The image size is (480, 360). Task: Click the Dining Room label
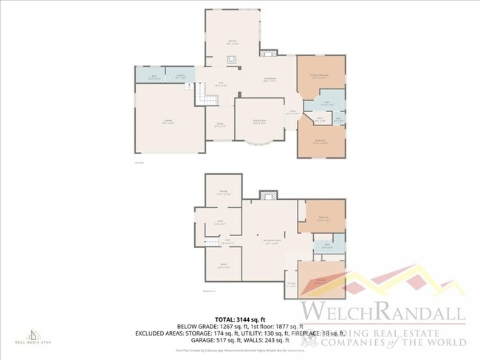259,122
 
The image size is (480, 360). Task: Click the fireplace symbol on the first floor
269,53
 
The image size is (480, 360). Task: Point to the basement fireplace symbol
267,195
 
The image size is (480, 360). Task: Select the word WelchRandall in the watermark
381,311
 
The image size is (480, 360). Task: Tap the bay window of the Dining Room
258,142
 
